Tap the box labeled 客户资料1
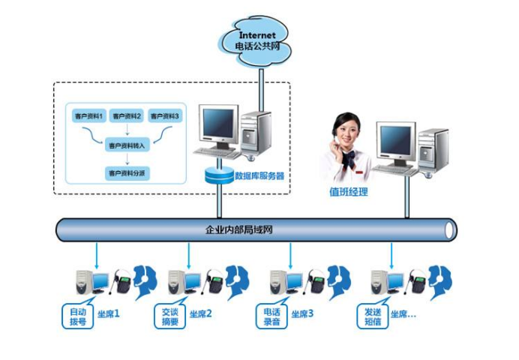[89, 116]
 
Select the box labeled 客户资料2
[127, 116]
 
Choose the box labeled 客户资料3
[164, 116]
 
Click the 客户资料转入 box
[127, 145]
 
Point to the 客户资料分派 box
[127, 172]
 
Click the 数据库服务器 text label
[259, 176]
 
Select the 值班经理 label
[349, 192]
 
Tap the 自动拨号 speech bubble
[77, 316]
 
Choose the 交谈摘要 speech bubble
[170, 316]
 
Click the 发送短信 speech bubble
[373, 316]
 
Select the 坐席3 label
[301, 314]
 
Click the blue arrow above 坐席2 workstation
[189, 255]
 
